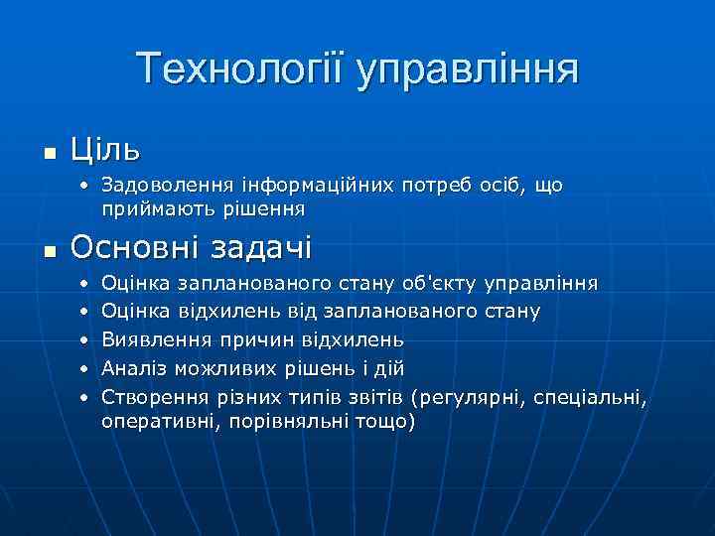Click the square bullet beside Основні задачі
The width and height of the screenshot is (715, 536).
[51, 248]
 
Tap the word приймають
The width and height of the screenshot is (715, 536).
[148, 210]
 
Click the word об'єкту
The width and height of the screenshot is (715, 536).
[440, 285]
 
